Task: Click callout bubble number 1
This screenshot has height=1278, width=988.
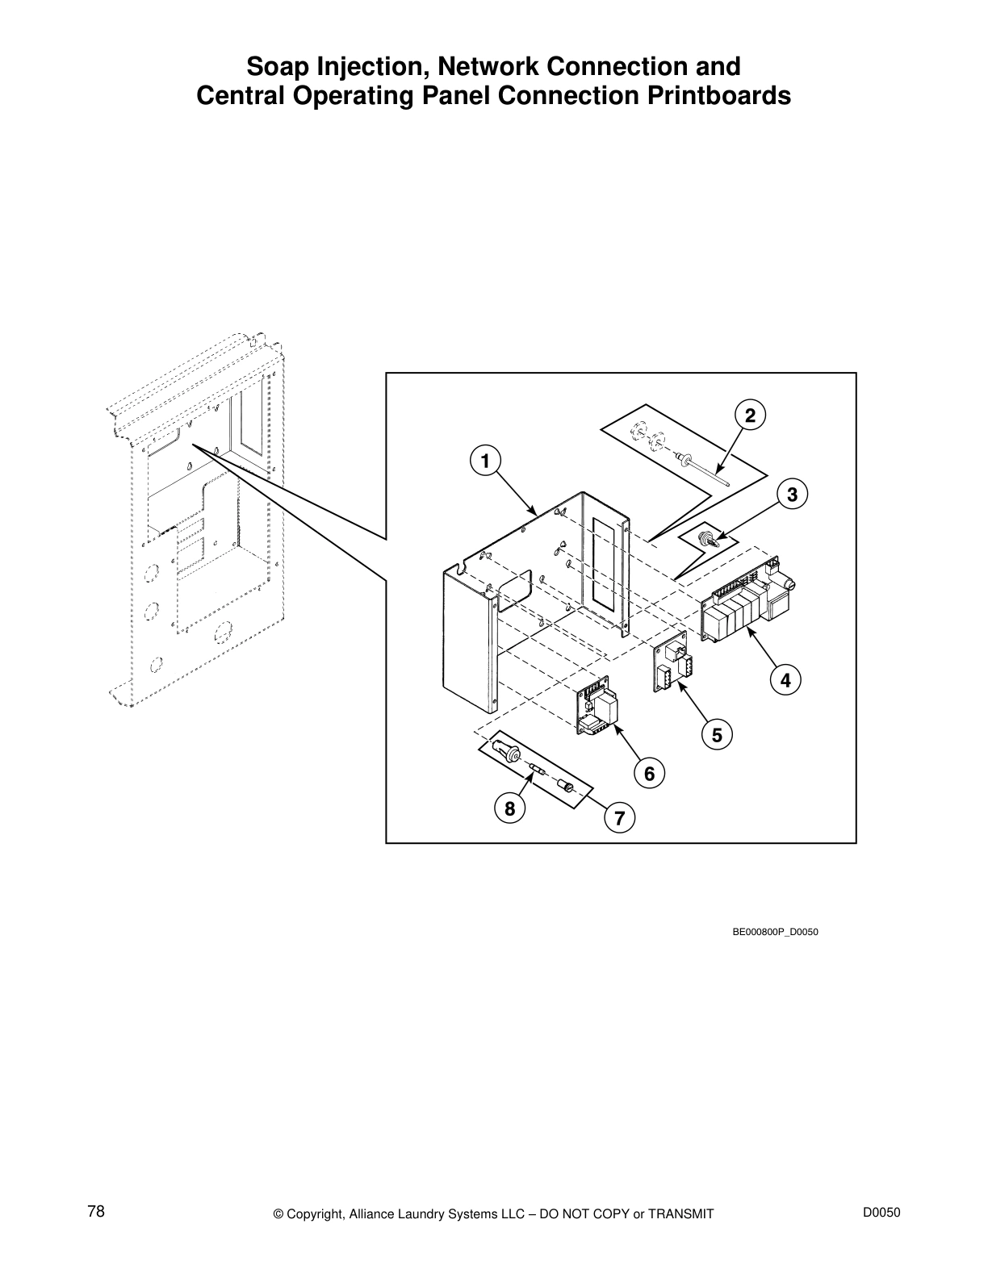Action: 484,461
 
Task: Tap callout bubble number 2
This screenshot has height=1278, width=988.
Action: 750,416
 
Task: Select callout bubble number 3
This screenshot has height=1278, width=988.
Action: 792,494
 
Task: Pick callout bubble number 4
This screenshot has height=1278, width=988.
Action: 785,680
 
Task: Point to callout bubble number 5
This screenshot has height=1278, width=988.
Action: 717,735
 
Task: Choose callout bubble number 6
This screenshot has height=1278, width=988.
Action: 649,774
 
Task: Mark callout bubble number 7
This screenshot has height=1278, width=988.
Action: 619,818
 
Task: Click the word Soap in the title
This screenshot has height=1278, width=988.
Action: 273,65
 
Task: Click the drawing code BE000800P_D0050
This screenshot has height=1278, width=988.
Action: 775,933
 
